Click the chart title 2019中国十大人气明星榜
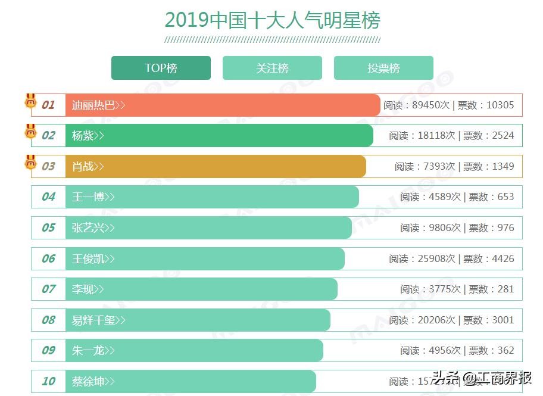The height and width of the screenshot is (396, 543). pyautogui.click(x=272, y=20)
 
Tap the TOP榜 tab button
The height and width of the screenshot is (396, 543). pyautogui.click(x=161, y=68)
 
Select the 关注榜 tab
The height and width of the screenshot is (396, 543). pyautogui.click(x=272, y=68)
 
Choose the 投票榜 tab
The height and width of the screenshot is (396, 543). pyautogui.click(x=383, y=68)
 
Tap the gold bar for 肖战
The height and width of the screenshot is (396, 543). pyautogui.click(x=238, y=167)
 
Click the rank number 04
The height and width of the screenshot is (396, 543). pyautogui.click(x=48, y=197)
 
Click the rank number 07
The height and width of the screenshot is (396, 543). pyautogui.click(x=48, y=289)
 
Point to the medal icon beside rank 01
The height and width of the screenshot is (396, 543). pyautogui.click(x=30, y=101)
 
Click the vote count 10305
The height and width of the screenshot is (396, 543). pyautogui.click(x=500, y=105)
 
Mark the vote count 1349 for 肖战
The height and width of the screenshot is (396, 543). pyautogui.click(x=503, y=167)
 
